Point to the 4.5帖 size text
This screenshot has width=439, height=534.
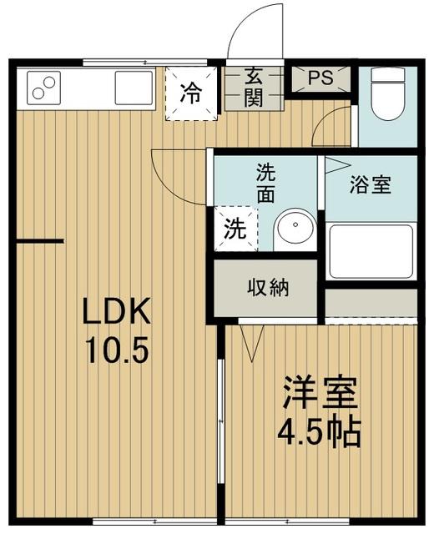[320, 432]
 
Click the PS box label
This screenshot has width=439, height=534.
[320, 78]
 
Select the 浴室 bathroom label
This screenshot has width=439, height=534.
[371, 185]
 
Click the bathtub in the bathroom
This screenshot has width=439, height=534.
[371, 250]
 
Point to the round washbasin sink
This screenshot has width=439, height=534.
[293, 228]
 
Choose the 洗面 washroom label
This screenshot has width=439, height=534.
[265, 184]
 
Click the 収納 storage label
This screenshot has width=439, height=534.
[267, 289]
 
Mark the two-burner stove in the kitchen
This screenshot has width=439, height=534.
[44, 88]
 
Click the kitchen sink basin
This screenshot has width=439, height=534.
[134, 87]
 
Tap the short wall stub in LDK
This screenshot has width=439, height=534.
[39, 241]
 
